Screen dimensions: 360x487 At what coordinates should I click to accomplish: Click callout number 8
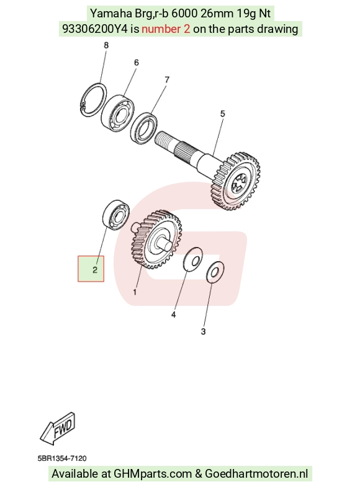[x=106, y=45]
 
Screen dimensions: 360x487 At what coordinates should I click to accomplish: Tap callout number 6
[x=137, y=63]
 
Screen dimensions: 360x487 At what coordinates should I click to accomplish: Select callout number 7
[x=167, y=80]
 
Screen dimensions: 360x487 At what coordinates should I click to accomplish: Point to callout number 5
[x=222, y=114]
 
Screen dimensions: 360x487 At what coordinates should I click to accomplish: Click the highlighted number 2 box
[x=91, y=269]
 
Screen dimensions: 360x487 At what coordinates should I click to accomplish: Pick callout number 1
[x=135, y=292]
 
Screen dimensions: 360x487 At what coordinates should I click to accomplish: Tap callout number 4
[x=173, y=315]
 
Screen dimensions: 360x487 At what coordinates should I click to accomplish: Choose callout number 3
[x=203, y=332]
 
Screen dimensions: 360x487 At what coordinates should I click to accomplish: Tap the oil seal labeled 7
[x=144, y=128]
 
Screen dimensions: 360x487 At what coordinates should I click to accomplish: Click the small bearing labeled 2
[x=115, y=215]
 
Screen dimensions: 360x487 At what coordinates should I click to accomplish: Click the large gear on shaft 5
[x=235, y=182]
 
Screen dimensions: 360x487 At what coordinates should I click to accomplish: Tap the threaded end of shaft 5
[x=167, y=140]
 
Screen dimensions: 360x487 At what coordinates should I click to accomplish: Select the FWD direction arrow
[x=58, y=428]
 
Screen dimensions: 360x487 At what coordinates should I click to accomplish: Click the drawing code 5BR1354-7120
[x=62, y=458]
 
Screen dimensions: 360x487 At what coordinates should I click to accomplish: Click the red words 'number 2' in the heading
[x=166, y=29]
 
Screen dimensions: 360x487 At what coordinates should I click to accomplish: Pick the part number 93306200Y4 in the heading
[x=95, y=29]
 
